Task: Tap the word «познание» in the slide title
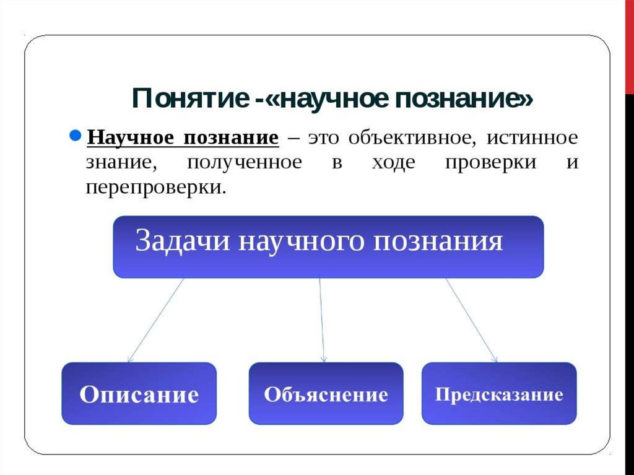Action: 461,99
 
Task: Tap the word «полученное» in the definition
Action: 245,162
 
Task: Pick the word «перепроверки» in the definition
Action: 155,187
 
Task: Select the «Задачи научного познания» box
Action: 328,246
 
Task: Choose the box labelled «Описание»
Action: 139,394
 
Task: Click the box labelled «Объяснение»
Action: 326,394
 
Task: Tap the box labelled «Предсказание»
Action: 499,394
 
